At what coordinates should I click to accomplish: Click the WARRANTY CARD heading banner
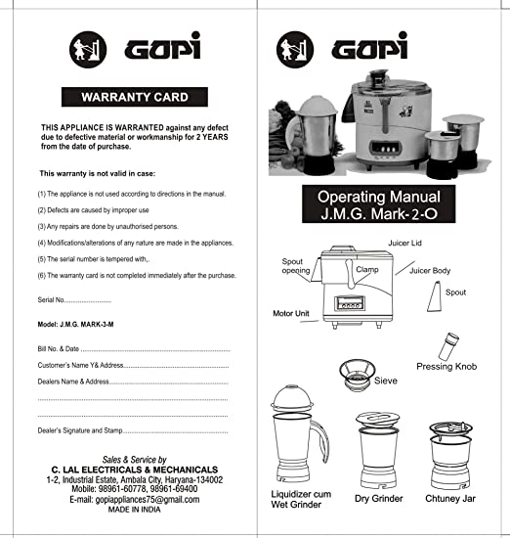pos(135,97)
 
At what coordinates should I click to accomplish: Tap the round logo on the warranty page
pos(88,50)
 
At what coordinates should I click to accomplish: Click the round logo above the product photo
pos(295,50)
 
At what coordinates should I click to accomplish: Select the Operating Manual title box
pos(379,204)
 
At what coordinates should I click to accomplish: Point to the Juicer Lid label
pos(404,243)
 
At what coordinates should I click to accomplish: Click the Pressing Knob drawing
pos(448,346)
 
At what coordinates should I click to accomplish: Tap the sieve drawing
pos(357,375)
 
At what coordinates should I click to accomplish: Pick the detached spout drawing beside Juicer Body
pos(434,296)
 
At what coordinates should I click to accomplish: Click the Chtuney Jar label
pos(450,499)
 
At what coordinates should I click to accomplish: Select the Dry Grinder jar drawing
pos(378,450)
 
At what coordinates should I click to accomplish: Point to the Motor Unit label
pos(291,313)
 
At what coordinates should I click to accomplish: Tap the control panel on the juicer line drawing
pos(350,303)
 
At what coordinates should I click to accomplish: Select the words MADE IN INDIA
pos(135,510)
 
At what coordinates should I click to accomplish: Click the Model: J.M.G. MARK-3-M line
pos(75,324)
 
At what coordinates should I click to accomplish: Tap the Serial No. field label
pos(51,300)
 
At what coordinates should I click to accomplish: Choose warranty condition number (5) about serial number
pos(94,259)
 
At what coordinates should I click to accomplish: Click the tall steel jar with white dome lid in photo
pos(317,136)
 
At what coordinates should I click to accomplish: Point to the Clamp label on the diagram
pos(367,270)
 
